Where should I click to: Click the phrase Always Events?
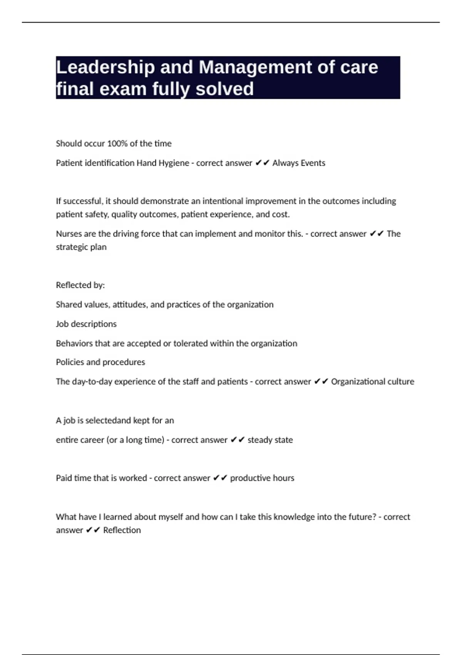click(299, 163)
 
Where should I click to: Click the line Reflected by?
click(80, 285)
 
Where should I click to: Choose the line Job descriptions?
click(86, 324)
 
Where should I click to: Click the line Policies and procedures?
click(100, 362)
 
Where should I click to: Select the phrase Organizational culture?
click(373, 381)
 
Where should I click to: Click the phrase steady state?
click(270, 440)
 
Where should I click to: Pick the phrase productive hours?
click(262, 478)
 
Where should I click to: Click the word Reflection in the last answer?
click(122, 530)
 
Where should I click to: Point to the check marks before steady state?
click(238, 440)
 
